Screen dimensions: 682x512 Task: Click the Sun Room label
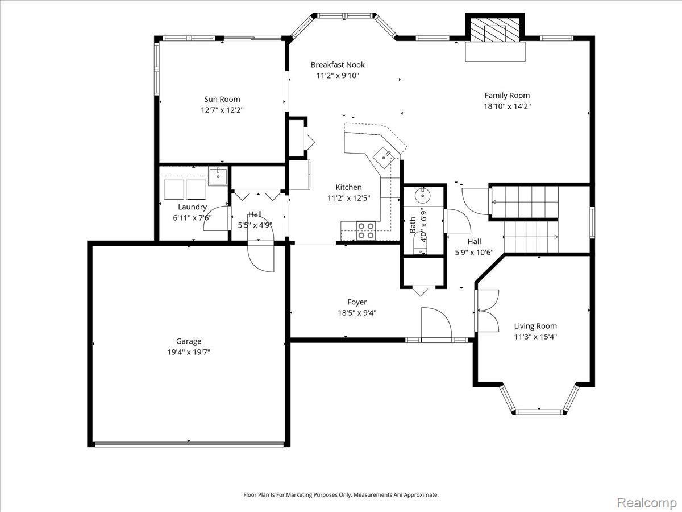(x=222, y=99)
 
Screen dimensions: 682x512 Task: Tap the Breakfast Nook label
(x=338, y=65)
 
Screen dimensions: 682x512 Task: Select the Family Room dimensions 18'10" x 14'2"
(x=507, y=106)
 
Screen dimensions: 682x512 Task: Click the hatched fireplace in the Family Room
(x=494, y=30)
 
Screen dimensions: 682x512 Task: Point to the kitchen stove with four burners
(x=365, y=230)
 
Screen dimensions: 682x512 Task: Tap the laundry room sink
(x=218, y=176)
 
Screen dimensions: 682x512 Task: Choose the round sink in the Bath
(x=422, y=195)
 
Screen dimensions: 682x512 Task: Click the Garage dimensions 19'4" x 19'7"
(x=189, y=352)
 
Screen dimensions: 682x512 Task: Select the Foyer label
(x=357, y=302)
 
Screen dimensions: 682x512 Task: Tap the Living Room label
(x=535, y=326)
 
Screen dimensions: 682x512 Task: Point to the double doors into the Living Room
(x=487, y=311)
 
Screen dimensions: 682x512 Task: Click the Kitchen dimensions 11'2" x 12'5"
(x=348, y=198)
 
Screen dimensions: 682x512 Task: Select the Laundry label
(x=192, y=207)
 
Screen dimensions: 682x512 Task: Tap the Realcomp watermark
(x=647, y=502)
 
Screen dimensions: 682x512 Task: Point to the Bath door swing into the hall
(x=458, y=221)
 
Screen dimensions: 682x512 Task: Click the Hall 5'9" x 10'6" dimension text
(x=474, y=253)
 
